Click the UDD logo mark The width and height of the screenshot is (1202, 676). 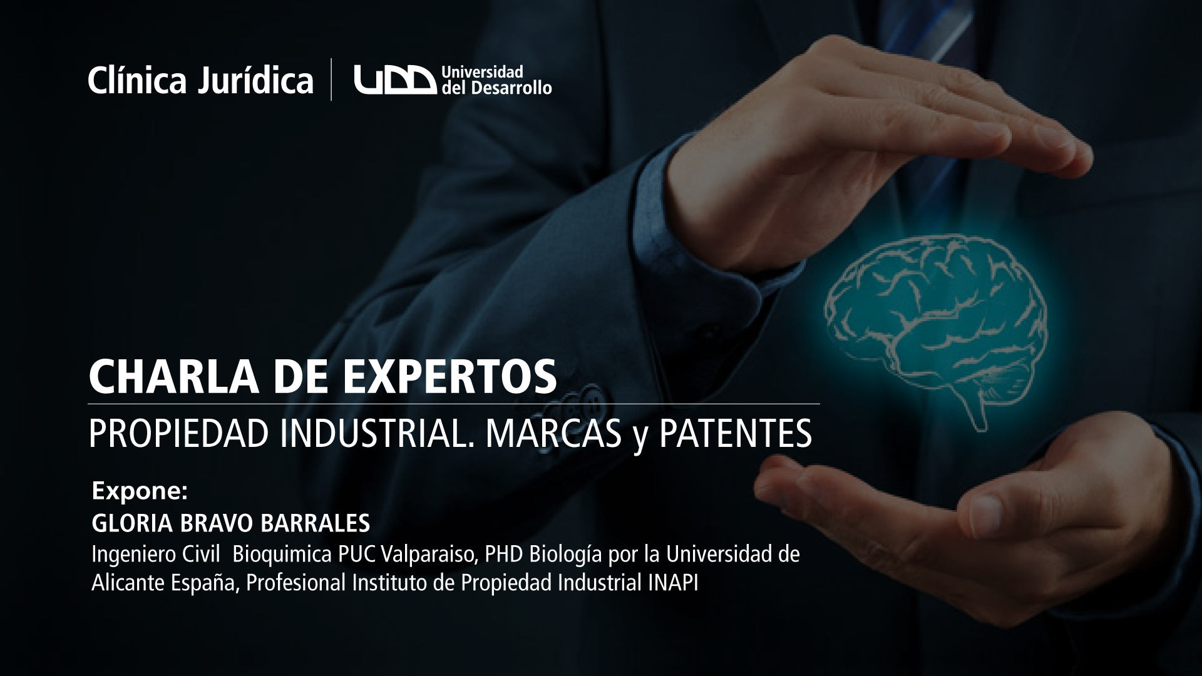(395, 80)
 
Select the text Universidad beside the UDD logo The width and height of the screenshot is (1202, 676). (482, 71)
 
